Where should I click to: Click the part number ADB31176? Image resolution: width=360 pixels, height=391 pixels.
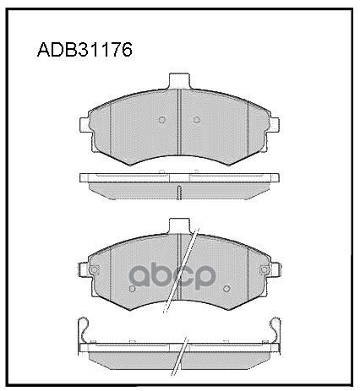(85, 50)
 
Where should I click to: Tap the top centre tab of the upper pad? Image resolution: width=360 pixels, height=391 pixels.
(179, 81)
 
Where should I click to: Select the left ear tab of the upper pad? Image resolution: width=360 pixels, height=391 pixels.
(84, 125)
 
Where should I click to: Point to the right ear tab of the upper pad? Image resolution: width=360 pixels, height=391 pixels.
(275, 125)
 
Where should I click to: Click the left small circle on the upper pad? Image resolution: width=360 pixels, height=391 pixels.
(162, 120)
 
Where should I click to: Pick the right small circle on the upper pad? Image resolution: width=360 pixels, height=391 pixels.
(197, 120)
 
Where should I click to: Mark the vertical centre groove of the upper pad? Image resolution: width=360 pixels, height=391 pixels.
(179, 122)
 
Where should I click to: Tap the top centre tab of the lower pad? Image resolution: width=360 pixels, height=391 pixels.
(179, 225)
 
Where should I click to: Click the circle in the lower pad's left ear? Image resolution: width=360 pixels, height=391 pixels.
(94, 269)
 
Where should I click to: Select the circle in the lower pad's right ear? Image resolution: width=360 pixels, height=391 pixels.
(265, 269)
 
